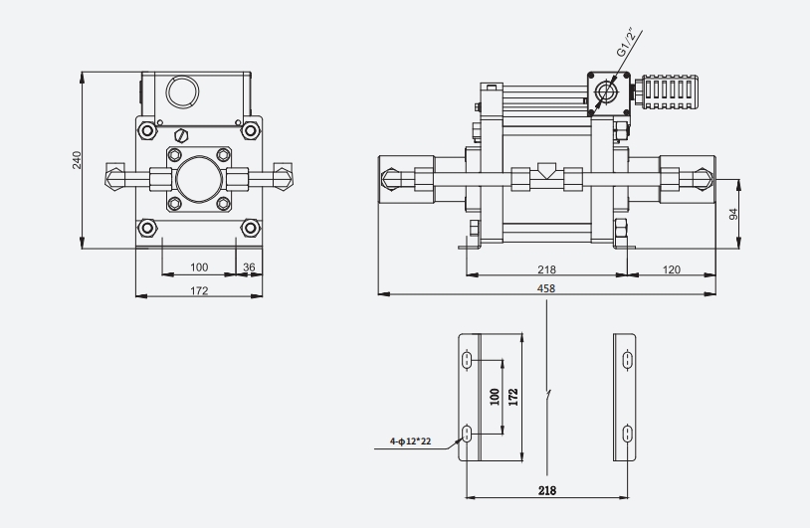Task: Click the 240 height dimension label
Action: pyautogui.click(x=77, y=160)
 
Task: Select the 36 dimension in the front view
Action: pyautogui.click(x=249, y=267)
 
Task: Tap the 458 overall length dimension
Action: pyautogui.click(x=546, y=288)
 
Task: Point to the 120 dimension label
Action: pyautogui.click(x=671, y=269)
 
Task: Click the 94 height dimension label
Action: pyautogui.click(x=733, y=214)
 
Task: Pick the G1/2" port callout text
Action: pyautogui.click(x=626, y=43)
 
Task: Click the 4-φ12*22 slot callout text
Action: pyautogui.click(x=410, y=441)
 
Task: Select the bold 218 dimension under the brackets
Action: pyautogui.click(x=547, y=490)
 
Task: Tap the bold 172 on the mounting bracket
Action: pyautogui.click(x=512, y=397)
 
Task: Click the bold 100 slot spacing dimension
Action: pyautogui.click(x=495, y=397)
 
